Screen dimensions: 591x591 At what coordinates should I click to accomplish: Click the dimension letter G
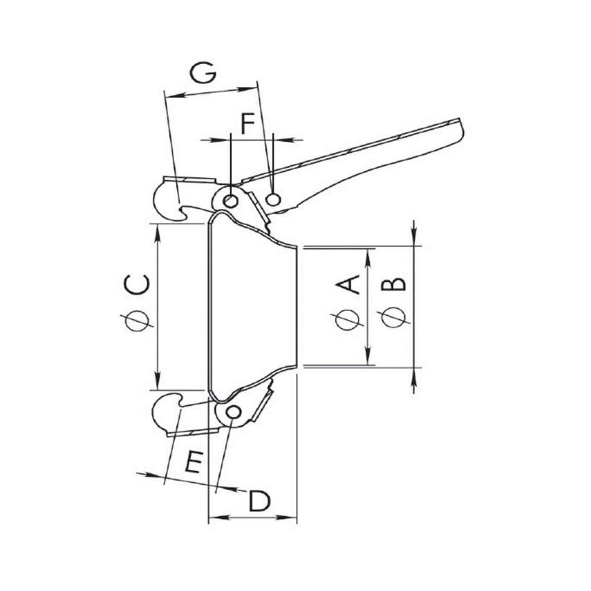(203, 73)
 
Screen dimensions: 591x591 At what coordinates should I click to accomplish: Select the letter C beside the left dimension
(137, 285)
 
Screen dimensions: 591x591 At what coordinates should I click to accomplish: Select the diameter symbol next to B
(393, 319)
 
